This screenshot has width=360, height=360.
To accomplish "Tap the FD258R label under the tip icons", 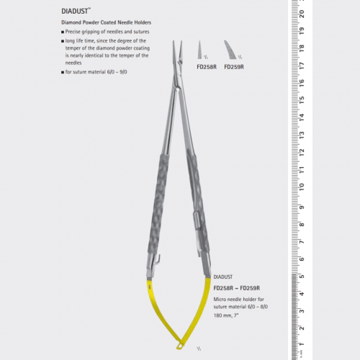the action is click(x=207, y=66).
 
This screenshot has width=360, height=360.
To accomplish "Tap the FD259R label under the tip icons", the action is click(x=234, y=66).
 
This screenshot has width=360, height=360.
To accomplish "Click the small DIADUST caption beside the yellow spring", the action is click(x=221, y=276).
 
